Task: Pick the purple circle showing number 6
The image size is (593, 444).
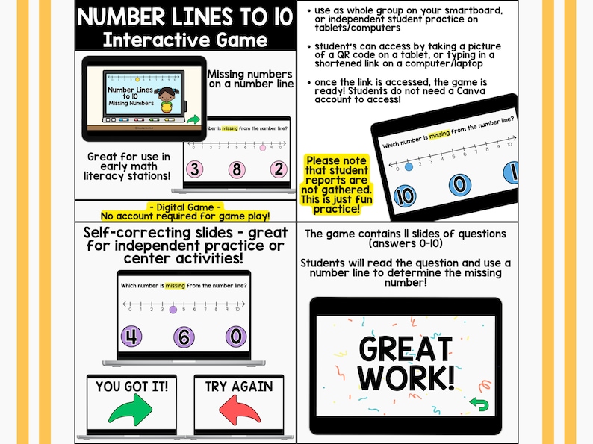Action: pos(184,337)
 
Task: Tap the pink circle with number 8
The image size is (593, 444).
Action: pos(237,169)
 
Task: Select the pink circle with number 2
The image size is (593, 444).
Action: pos(279,169)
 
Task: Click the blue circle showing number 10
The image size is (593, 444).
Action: pos(403,197)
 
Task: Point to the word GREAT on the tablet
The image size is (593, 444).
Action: pos(406,348)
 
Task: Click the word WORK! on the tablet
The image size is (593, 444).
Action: pos(406,376)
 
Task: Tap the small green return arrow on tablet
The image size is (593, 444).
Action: pos(478,405)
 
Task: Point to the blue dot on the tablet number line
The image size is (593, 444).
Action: pos(408,166)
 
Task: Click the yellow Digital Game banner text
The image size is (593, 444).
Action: pos(186,211)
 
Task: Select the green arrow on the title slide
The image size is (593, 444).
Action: pos(193,119)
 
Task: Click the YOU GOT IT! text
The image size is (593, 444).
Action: pos(132,386)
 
